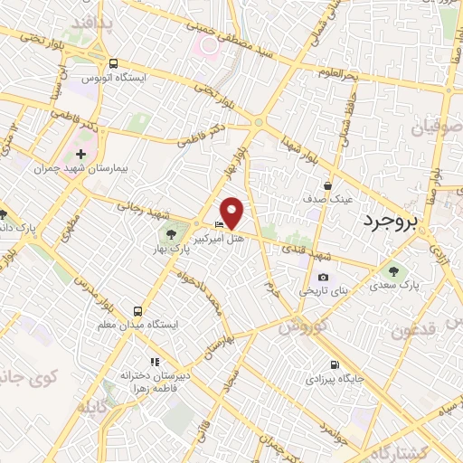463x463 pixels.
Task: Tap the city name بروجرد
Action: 397,220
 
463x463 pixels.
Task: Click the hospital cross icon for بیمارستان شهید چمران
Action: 82,154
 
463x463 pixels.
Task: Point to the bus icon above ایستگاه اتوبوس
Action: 113,63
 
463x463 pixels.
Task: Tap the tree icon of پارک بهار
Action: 172,236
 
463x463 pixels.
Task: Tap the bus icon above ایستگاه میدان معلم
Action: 138,309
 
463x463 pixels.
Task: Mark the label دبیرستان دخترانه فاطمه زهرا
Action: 146,379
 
